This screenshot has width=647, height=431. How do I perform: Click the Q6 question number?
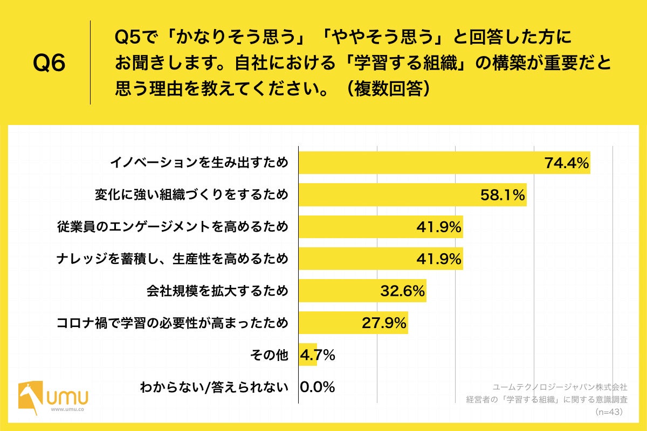49,64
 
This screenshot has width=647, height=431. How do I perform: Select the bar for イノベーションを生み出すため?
421,163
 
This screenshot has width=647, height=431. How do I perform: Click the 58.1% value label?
503,195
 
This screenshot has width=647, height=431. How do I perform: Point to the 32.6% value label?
402,291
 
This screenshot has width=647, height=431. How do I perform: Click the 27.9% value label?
383,323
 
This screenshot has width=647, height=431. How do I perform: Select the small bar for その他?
308,355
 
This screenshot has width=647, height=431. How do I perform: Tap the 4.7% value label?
318,355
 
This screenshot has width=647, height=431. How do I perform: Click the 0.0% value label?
318,387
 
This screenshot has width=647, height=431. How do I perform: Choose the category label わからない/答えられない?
214,387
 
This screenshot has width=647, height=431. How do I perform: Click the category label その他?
269,355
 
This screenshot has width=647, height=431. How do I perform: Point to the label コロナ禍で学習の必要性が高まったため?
173,323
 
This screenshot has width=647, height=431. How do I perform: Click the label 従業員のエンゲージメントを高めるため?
173,227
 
